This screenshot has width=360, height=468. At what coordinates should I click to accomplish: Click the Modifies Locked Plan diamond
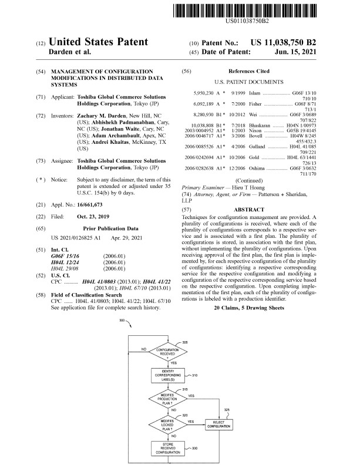pos(167,422)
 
